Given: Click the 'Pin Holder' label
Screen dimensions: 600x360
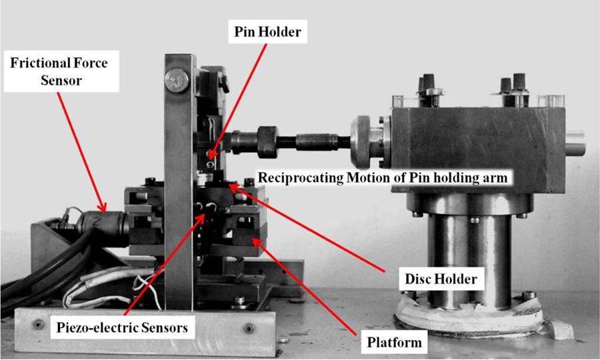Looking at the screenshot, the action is pyautogui.click(x=267, y=31).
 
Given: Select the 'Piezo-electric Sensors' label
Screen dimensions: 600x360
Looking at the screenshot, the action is pyautogui.click(x=123, y=327).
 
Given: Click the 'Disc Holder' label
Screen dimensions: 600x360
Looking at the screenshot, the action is pyautogui.click(x=441, y=279).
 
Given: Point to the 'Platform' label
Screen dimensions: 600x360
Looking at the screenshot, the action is pyautogui.click(x=394, y=342).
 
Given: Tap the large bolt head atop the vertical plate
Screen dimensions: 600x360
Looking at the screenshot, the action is pyautogui.click(x=177, y=79).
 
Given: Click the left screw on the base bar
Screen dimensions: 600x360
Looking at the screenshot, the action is pyautogui.click(x=38, y=325).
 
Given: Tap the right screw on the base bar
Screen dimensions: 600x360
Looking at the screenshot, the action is pyautogui.click(x=249, y=328).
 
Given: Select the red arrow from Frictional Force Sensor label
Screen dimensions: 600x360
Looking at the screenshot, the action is pyautogui.click(x=81, y=152).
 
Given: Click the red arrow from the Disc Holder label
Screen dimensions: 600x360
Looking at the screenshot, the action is pyautogui.click(x=306, y=227).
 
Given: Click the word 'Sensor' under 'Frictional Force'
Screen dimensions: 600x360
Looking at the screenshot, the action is pyautogui.click(x=61, y=81).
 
